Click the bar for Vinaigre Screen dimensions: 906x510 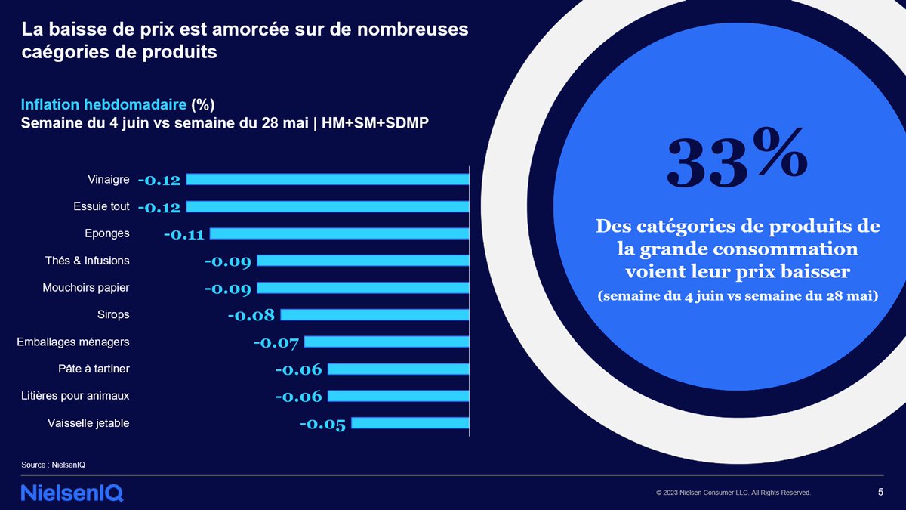click(327, 179)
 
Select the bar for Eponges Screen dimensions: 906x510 click(339, 233)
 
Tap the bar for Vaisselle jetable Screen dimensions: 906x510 click(409, 423)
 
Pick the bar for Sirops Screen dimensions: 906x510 click(374, 314)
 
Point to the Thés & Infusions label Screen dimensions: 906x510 click(87, 261)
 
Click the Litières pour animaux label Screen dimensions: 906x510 click(77, 396)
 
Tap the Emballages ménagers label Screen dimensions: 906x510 click(73, 342)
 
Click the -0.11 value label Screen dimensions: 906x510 click(183, 234)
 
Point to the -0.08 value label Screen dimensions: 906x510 click(251, 315)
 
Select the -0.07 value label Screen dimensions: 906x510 click(276, 343)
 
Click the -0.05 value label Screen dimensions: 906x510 click(322, 424)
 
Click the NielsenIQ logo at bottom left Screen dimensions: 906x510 click(72, 493)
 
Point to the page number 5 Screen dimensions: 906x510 click(881, 493)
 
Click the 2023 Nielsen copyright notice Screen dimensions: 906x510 click(733, 493)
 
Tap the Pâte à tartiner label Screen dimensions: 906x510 click(94, 369)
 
